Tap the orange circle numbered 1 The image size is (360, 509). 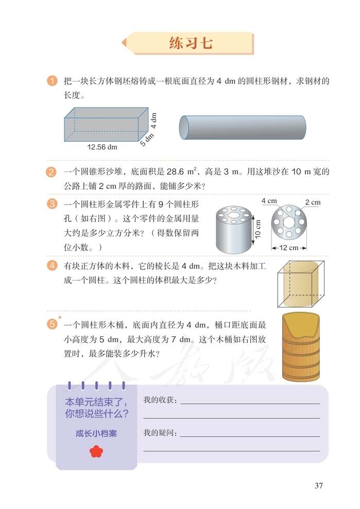[52, 81]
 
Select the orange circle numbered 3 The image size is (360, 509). [52, 203]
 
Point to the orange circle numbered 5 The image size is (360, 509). [52, 325]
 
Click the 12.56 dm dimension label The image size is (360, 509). [102, 147]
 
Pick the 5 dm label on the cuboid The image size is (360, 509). [147, 140]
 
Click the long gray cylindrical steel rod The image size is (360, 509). [242, 127]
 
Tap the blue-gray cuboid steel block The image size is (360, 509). [106, 125]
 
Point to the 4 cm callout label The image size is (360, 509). [269, 200]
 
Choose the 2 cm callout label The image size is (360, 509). [312, 202]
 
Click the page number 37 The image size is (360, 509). [318, 485]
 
